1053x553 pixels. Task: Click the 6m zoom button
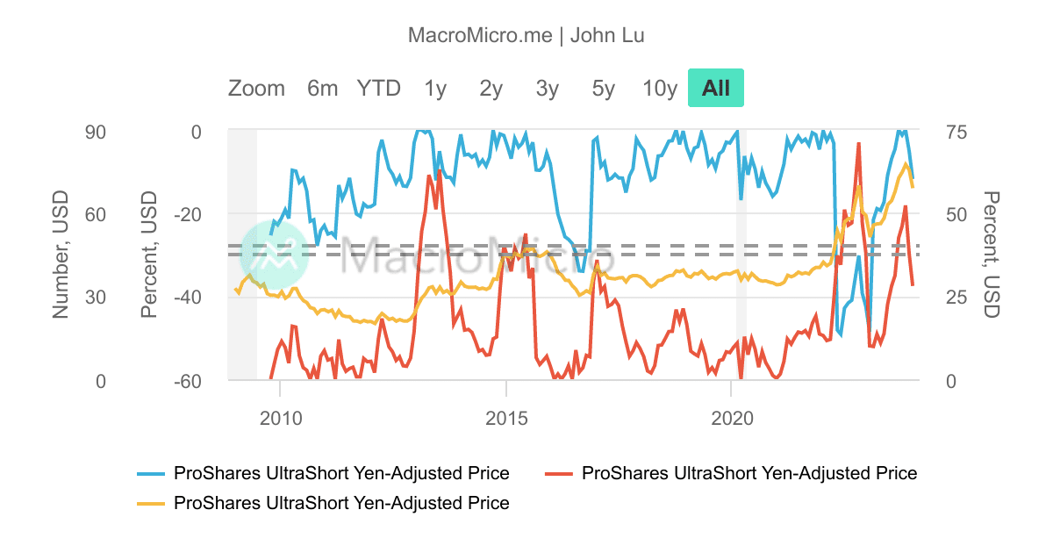(x=322, y=88)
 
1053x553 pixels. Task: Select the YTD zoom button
(x=378, y=88)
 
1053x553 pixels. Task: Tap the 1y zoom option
(x=435, y=88)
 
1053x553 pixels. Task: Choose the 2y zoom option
(x=491, y=88)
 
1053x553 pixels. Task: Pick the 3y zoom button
(x=548, y=88)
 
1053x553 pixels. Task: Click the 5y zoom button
(x=604, y=88)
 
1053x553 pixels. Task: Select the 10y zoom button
(x=660, y=88)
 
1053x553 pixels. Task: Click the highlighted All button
(x=716, y=88)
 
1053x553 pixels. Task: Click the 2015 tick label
(x=506, y=418)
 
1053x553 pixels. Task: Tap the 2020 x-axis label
(x=732, y=418)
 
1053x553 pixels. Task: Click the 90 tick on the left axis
(x=94, y=132)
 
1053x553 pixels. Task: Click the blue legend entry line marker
(x=152, y=474)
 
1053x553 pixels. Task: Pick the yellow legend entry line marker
(x=152, y=504)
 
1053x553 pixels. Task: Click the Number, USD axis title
(x=61, y=255)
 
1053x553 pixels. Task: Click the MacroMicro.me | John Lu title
(x=526, y=35)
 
